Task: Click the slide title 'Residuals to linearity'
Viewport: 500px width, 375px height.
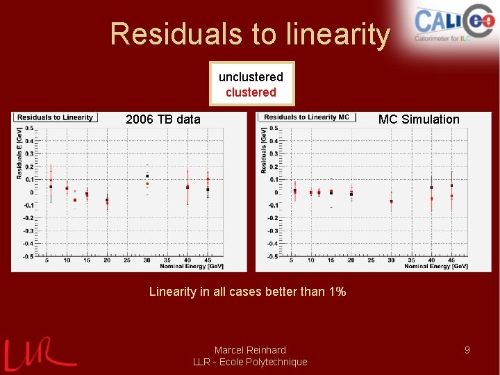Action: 250,33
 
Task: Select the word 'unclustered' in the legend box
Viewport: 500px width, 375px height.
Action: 251,76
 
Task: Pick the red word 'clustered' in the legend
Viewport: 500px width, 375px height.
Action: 251,92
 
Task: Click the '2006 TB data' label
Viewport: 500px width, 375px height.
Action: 163,119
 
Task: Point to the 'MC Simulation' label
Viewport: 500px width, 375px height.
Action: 419,119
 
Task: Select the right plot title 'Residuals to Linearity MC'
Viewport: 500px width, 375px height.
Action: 306,117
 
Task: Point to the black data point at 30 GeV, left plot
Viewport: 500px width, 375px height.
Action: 147,176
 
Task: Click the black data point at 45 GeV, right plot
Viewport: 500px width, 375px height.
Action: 451,185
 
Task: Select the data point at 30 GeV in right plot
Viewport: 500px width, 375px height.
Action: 391,201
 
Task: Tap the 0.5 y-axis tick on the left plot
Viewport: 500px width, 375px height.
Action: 29,128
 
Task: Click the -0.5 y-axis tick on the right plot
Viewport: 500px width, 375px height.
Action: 273,256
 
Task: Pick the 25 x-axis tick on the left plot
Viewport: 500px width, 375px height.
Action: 127,260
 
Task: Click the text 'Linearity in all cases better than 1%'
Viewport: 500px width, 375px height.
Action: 247,292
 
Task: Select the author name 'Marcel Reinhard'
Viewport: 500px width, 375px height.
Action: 250,350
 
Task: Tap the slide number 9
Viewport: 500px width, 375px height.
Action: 467,350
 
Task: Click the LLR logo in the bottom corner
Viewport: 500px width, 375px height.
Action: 38,354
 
